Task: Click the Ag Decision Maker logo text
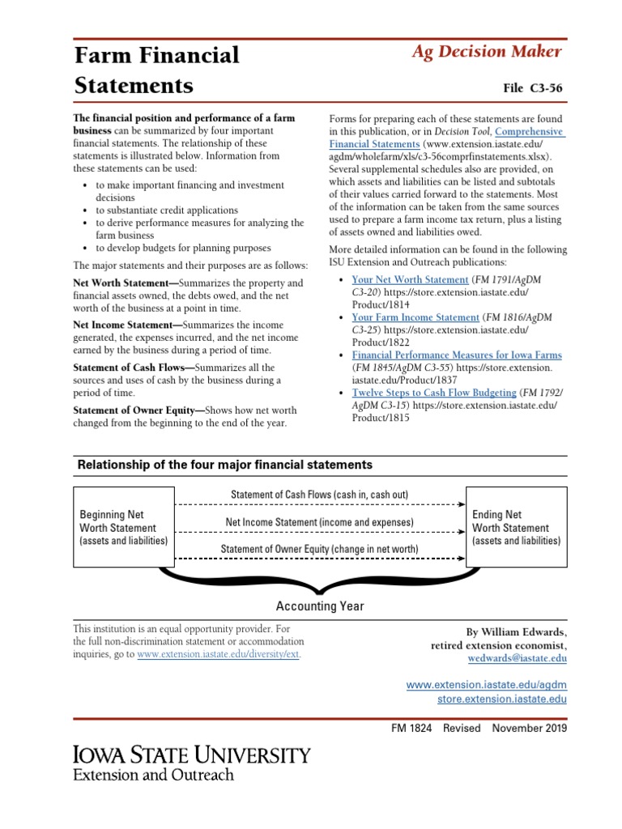coord(486,52)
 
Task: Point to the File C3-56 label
coord(532,87)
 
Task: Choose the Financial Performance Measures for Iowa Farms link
coord(456,355)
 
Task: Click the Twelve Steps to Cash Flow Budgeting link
coord(433,393)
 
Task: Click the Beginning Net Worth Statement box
coord(124,527)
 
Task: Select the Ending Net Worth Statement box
coord(516,527)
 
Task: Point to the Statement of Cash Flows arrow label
coord(319,495)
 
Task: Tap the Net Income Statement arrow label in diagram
coord(319,522)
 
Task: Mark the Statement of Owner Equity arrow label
coord(319,549)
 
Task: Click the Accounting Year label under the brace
coord(320,606)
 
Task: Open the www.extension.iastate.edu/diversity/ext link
coord(219,654)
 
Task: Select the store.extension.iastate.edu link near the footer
coord(501,699)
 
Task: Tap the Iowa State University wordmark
coord(192,755)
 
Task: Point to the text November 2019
coord(530,728)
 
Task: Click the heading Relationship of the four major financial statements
coord(224,465)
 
